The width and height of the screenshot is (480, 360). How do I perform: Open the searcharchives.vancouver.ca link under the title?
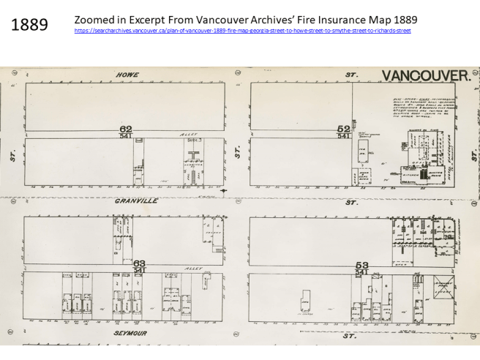(242, 31)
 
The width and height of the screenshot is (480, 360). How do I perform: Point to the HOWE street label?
(127, 75)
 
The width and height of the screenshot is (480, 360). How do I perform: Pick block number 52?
(342, 128)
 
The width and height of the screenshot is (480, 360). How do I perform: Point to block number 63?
(140, 263)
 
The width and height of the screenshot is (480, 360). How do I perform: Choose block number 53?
(361, 264)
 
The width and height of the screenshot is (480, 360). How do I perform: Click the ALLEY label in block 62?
(189, 135)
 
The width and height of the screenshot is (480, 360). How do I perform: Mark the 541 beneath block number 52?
(343, 135)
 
